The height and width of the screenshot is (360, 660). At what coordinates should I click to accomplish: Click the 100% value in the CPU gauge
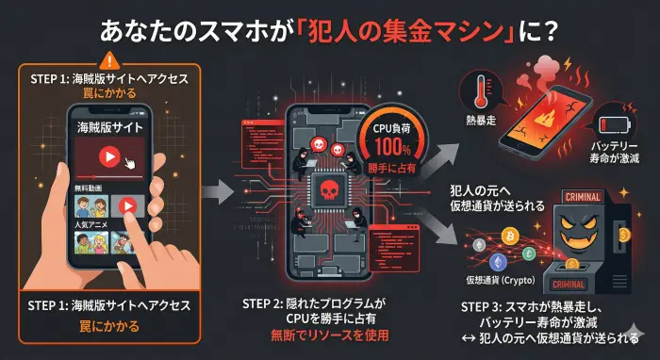[389, 149]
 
